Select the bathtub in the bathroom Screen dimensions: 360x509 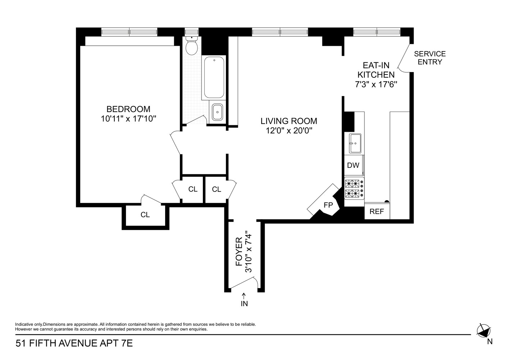click(214, 77)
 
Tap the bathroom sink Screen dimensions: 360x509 click(217, 112)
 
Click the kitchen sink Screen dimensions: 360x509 click(354, 143)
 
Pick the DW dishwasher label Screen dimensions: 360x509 click(353, 166)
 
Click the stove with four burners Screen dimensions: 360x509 click(354, 189)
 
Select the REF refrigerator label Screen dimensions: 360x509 click(377, 212)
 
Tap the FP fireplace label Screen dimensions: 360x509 click(328, 205)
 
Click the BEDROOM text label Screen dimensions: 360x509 click(128, 109)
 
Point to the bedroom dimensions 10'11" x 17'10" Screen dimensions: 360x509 click(128, 118)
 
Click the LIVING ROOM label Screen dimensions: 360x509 click(289, 121)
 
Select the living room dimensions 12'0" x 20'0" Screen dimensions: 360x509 click(289, 131)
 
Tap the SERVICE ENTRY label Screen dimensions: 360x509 click(430, 58)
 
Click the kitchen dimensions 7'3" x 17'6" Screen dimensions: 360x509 click(376, 84)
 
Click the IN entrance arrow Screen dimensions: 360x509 click(244, 300)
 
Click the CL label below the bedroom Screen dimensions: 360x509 click(145, 215)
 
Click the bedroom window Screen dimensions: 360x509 click(129, 32)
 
